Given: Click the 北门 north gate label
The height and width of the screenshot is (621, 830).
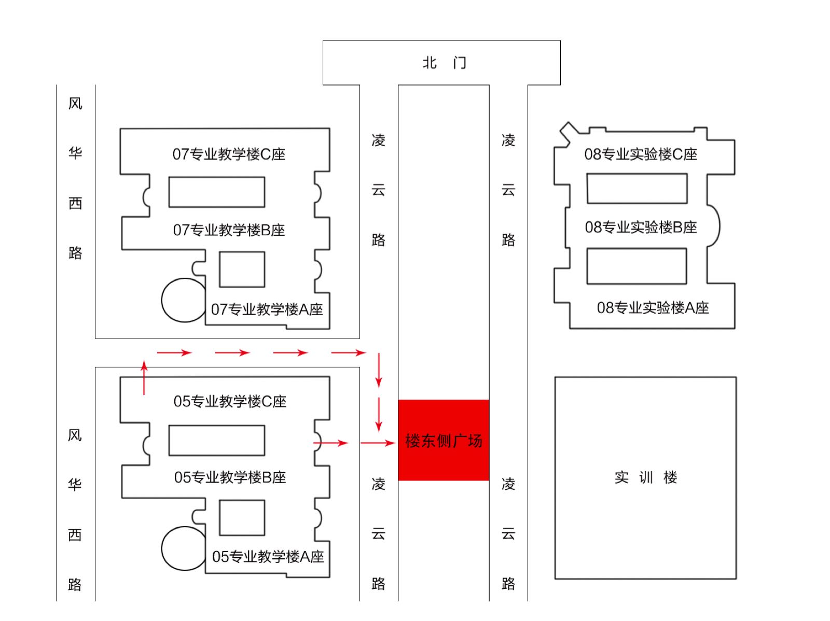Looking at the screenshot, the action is point(444,62).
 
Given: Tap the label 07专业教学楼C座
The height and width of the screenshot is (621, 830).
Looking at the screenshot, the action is point(229,154).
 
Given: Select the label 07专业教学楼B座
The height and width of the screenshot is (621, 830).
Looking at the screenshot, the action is point(229,230).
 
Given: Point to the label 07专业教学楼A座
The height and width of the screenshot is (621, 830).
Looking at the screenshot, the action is point(267,309).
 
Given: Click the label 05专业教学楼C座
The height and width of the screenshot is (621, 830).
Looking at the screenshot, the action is point(230,401).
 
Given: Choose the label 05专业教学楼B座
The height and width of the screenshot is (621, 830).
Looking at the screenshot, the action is point(230,477).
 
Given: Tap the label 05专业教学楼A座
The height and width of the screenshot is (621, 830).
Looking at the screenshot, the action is point(268,556).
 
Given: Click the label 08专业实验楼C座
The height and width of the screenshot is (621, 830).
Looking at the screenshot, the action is point(641,154).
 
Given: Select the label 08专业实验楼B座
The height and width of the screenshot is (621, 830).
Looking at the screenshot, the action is point(641,227).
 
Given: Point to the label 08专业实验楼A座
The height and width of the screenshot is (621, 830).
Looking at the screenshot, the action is point(653,308).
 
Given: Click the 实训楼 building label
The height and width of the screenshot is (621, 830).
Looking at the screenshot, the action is point(645,477).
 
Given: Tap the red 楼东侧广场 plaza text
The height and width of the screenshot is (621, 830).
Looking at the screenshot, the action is point(444,441).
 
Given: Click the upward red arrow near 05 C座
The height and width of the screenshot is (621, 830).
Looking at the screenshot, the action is point(144,377).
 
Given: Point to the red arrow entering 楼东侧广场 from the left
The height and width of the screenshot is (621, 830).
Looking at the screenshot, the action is point(378,443).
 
